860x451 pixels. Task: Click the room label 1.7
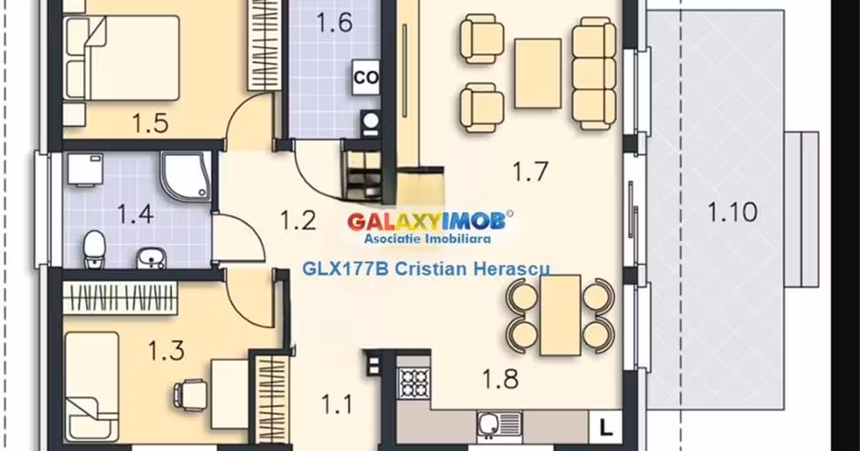[x=530, y=171]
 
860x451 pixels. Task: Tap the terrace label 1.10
[x=732, y=212]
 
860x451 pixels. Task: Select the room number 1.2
[x=298, y=220]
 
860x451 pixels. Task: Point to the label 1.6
[x=335, y=22]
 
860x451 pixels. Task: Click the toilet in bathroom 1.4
[x=95, y=249]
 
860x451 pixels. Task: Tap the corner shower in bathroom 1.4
[x=186, y=175]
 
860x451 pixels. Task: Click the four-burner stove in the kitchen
[x=414, y=383]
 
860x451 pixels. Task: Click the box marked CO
[x=365, y=77]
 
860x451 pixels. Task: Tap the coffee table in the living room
[x=538, y=73]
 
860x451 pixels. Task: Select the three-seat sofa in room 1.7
[x=594, y=73]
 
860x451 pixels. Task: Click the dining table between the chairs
[x=560, y=315]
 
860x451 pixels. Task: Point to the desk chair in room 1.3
[x=191, y=395]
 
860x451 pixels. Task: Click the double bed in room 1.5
[x=122, y=58]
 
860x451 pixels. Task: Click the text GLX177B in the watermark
[x=345, y=269]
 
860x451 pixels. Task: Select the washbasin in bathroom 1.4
[x=151, y=258]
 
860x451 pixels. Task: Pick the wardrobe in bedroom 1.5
[x=264, y=45]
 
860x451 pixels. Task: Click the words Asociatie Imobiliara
[x=427, y=239]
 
